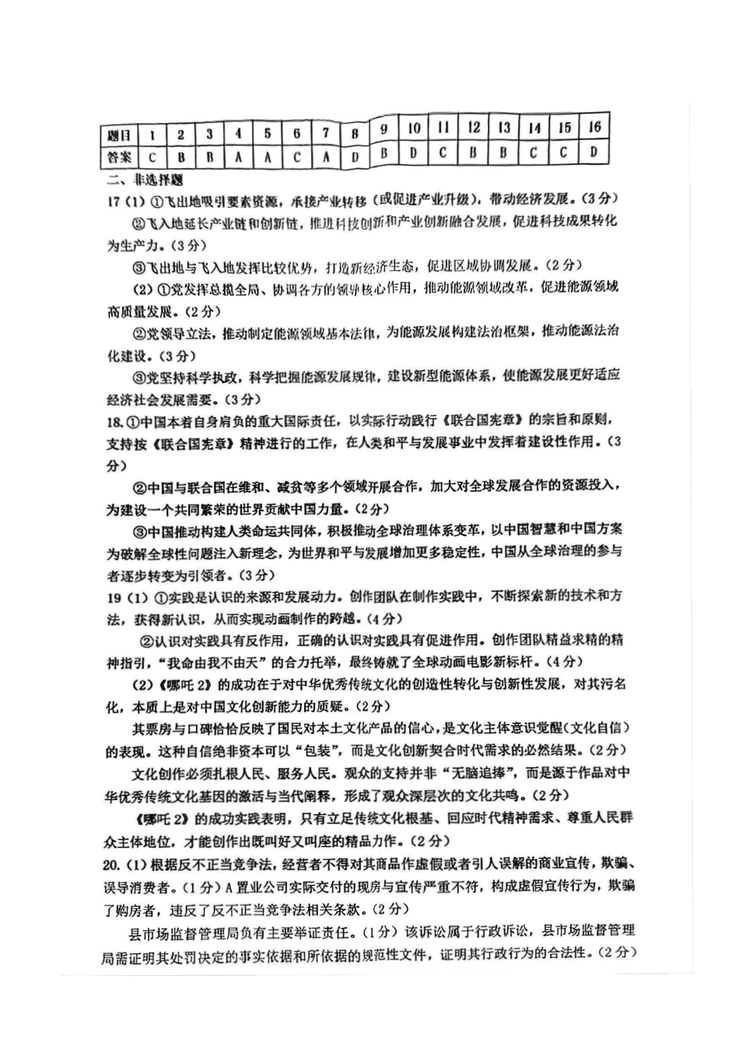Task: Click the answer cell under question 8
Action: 355,156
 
